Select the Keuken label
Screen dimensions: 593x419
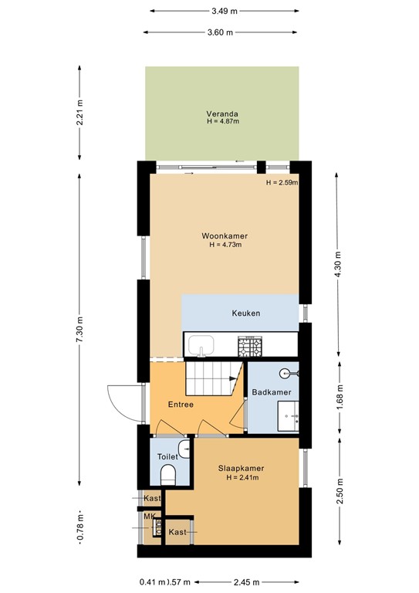[x=245, y=313]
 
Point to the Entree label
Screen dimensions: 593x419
[x=181, y=404]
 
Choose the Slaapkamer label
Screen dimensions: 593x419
[x=241, y=468]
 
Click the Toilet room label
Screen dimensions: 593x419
[x=167, y=457]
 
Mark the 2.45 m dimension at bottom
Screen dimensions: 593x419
[x=247, y=582]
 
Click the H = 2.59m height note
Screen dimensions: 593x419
[x=281, y=183]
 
